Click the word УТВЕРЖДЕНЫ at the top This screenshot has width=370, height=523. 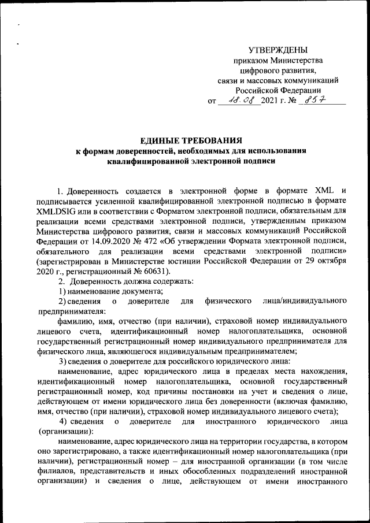pos(277,50)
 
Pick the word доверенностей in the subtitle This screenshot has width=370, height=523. pos(146,151)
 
